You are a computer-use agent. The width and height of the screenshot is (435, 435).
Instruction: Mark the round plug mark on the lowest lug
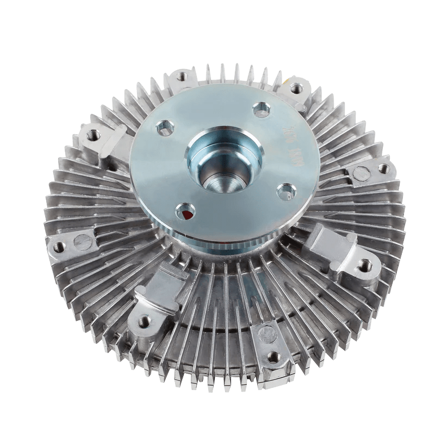click(x=267, y=332)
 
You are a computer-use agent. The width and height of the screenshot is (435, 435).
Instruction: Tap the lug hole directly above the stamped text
click(x=297, y=87)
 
